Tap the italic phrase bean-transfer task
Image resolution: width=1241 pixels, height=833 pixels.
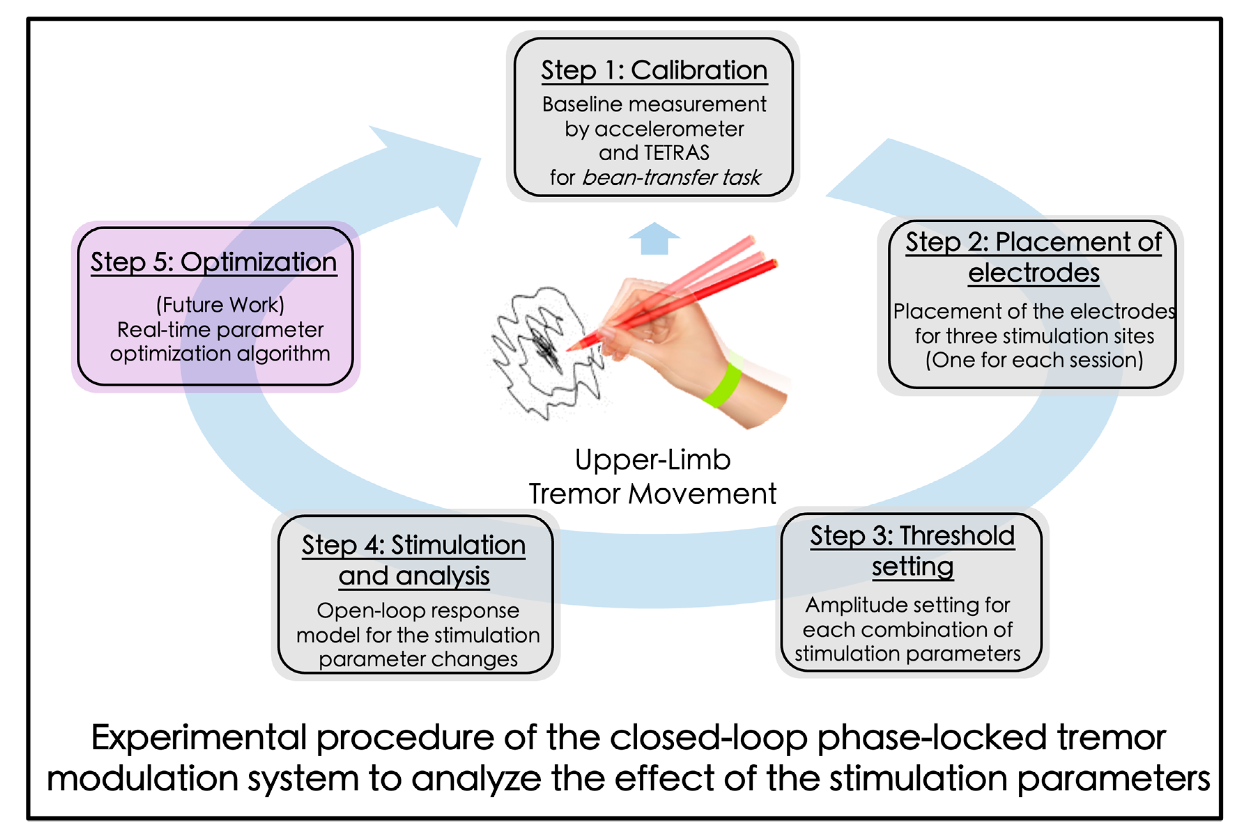pyautogui.click(x=672, y=177)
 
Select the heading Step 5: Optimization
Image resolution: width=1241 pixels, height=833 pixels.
pyautogui.click(x=214, y=262)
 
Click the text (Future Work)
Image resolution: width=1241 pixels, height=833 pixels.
pyautogui.click(x=220, y=305)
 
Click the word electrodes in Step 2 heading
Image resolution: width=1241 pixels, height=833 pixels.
pyautogui.click(x=1033, y=273)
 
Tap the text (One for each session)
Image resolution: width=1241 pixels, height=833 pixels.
pyautogui.click(x=1034, y=360)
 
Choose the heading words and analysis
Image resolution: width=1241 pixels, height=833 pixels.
pyautogui.click(x=414, y=576)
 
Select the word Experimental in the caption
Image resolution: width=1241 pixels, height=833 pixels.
pyautogui.click(x=200, y=739)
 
